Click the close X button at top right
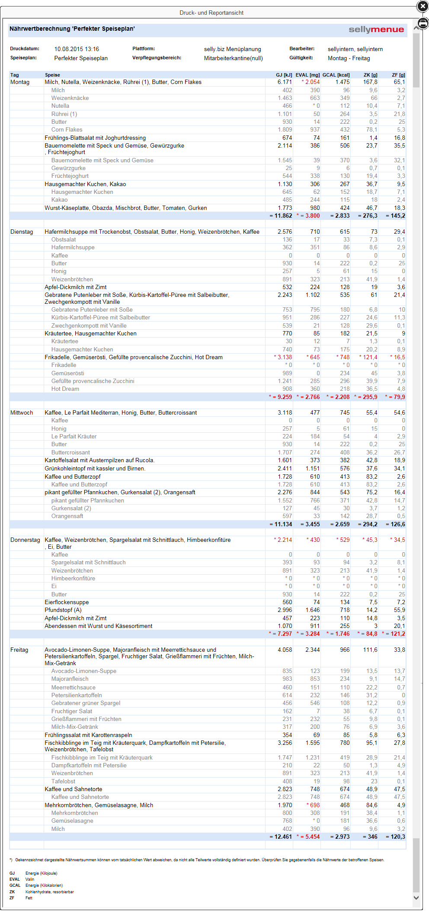423,6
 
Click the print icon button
423,23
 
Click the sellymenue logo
376,29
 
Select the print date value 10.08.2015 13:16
77,49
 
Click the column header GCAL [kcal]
336,75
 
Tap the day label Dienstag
22,232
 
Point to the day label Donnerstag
25,540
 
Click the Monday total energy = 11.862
281,216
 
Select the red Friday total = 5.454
308,837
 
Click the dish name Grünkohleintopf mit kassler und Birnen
95,469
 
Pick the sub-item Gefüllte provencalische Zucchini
93,381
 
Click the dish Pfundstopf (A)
63,610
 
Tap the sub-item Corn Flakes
67,130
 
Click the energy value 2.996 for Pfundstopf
285,610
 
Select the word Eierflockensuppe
67,602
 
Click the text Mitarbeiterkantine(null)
233,58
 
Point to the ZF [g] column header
398,75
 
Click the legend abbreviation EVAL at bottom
15,879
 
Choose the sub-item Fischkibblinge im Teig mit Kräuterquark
102,758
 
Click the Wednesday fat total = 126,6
395,525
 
